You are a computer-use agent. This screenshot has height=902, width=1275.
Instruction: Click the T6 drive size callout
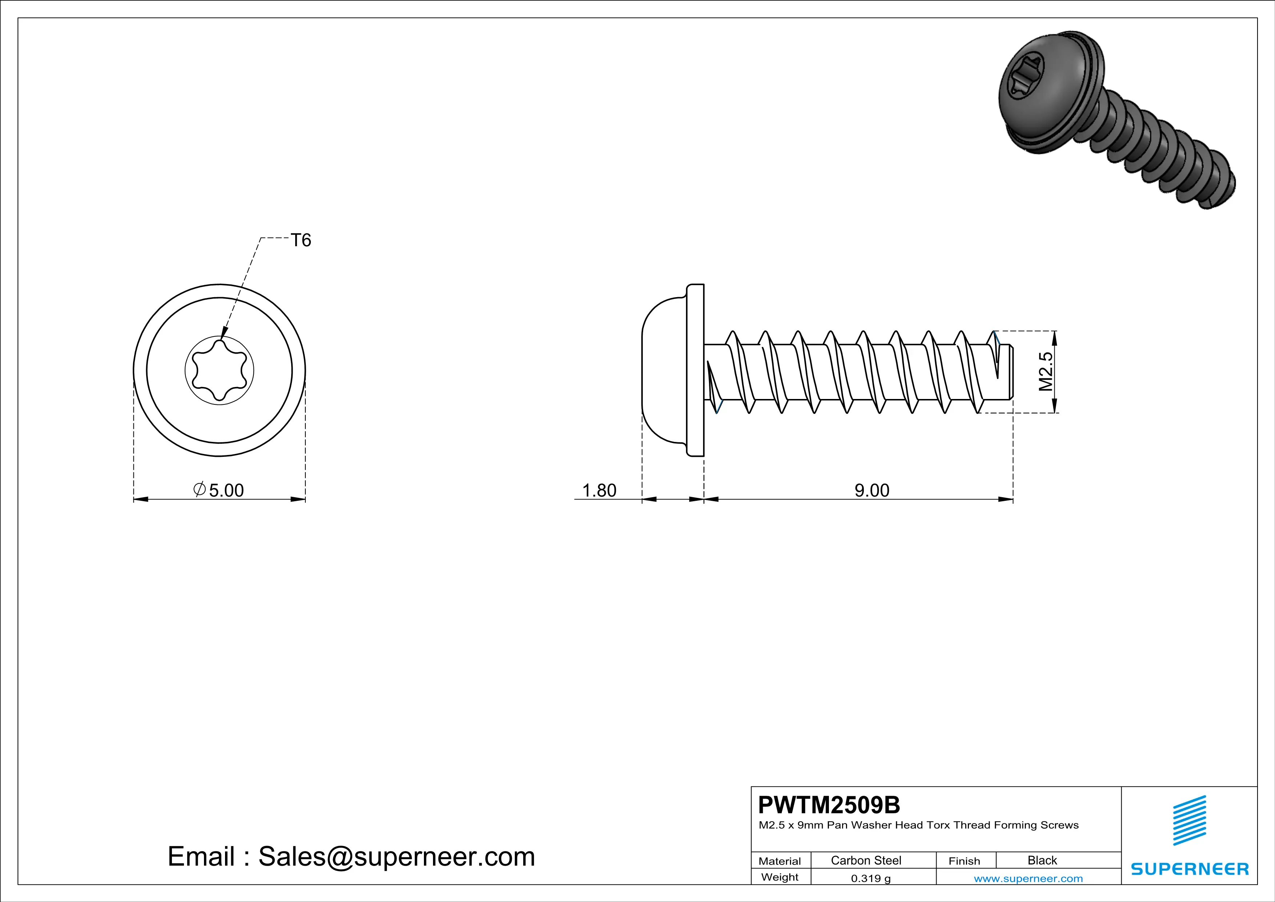point(301,240)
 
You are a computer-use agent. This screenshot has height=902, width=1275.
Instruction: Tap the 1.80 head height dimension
point(599,490)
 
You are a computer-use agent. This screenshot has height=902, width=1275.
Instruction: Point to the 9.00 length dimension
point(871,490)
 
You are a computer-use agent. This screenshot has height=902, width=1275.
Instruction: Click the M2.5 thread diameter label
point(1045,371)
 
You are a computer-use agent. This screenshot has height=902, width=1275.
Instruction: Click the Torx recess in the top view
point(219,370)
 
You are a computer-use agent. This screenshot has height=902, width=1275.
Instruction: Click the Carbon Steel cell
point(866,860)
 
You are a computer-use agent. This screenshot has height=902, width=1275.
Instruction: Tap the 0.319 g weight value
point(870,878)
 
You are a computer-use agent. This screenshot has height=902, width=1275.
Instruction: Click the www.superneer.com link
point(1028,878)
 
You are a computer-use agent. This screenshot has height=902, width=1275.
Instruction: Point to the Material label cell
point(780,861)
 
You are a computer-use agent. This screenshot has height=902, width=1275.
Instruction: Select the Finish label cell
point(964,861)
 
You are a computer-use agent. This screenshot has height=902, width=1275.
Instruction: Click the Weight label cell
point(780,877)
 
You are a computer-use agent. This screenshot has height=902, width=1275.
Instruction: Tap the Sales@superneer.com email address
point(397,857)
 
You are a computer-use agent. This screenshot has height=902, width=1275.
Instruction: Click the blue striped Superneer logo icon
point(1189,821)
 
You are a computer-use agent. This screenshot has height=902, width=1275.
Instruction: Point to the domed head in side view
point(663,370)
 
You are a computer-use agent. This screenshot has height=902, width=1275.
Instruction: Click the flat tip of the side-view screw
point(1011,371)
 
